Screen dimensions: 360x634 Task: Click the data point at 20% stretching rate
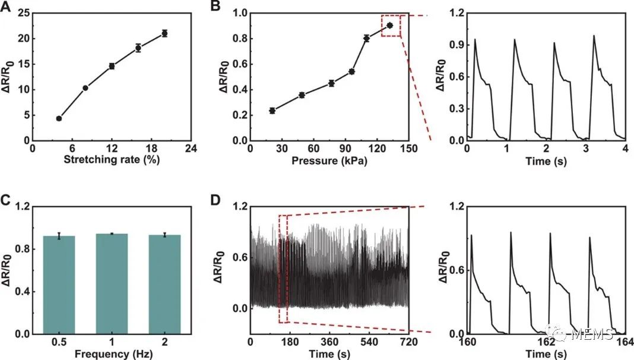[164, 33]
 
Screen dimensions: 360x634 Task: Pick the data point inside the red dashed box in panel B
[389, 25]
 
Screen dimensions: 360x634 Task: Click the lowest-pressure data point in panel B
[272, 110]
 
